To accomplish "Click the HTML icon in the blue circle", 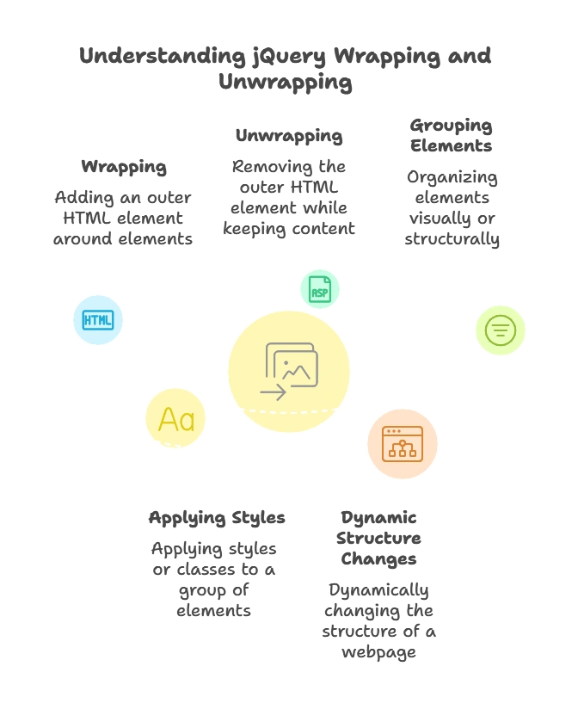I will (97, 319).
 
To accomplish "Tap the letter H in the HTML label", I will (87, 319).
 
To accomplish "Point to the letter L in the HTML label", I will (108, 319).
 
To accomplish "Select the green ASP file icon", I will (319, 289).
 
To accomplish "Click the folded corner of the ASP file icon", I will (327, 280).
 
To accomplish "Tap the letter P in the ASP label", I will (325, 293).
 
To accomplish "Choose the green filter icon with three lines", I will (500, 330).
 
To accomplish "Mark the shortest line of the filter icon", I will (500, 336).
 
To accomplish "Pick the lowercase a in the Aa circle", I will (187, 422).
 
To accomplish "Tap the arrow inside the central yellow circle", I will (274, 392).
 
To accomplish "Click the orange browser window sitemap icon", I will (402, 444).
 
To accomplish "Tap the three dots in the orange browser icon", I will (394, 431).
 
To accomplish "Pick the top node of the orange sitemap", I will (402, 442).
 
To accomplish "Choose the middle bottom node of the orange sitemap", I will (402, 453).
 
